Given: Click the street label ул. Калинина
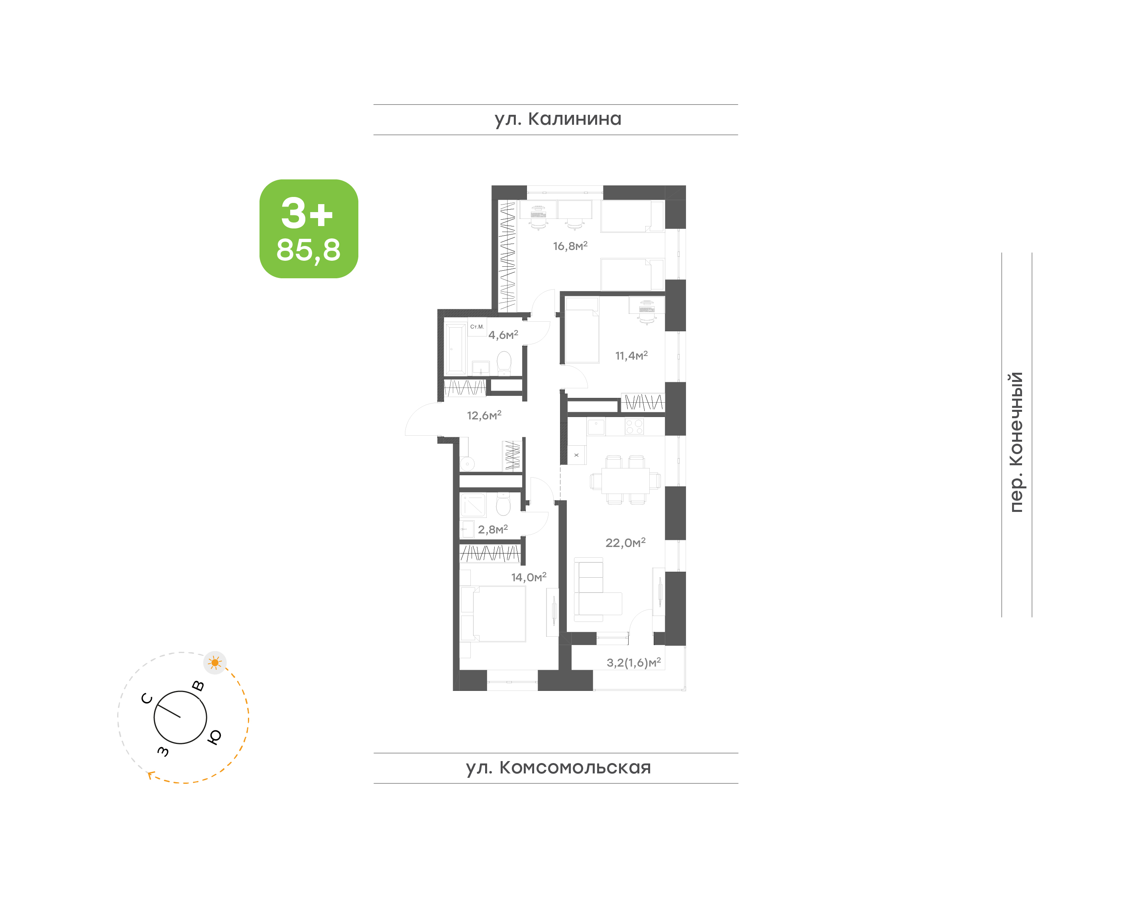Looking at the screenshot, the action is pos(558,119).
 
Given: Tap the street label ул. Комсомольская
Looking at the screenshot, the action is pos(558,768).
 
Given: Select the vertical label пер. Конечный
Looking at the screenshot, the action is pos(1016,442).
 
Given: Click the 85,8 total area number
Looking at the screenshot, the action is pos(309,250).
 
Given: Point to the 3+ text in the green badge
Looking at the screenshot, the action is pos(307,213).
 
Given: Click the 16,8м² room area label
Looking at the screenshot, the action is pos(570,246).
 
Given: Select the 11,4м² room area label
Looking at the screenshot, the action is pos(631,356).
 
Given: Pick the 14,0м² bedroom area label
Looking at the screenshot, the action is pos(529,577).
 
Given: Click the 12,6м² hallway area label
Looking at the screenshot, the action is pos(484,415).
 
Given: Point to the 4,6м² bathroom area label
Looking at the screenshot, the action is pos(503,335).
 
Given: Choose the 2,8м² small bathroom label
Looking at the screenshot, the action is pos(493,529).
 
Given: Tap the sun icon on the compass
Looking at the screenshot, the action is pos(214,663).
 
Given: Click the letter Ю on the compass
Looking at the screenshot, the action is pos(214,737).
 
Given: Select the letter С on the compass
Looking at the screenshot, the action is pos(147,698).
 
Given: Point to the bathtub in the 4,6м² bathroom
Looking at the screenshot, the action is pos(456,348).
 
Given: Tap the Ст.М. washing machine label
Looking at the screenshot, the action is pos(477,327).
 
